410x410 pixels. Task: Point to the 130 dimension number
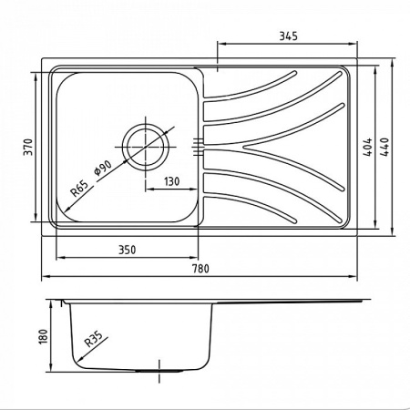[x=171, y=181]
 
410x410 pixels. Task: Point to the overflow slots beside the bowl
[x=198, y=143]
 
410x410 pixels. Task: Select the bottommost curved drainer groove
[x=251, y=205]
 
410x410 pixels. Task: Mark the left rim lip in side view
[x=64, y=300]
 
